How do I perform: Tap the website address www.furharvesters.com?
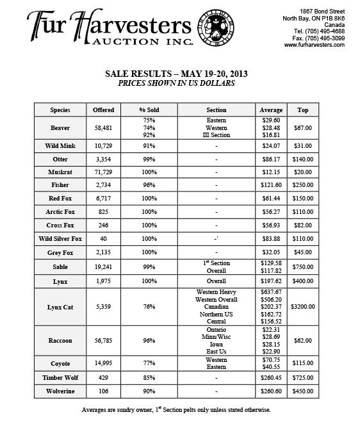click(314, 45)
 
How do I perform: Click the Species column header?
click(60, 110)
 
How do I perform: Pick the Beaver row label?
click(60, 128)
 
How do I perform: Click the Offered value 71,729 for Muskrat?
click(103, 172)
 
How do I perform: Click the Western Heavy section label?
click(217, 292)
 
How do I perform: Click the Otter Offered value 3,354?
click(103, 160)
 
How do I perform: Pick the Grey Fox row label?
click(60, 252)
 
